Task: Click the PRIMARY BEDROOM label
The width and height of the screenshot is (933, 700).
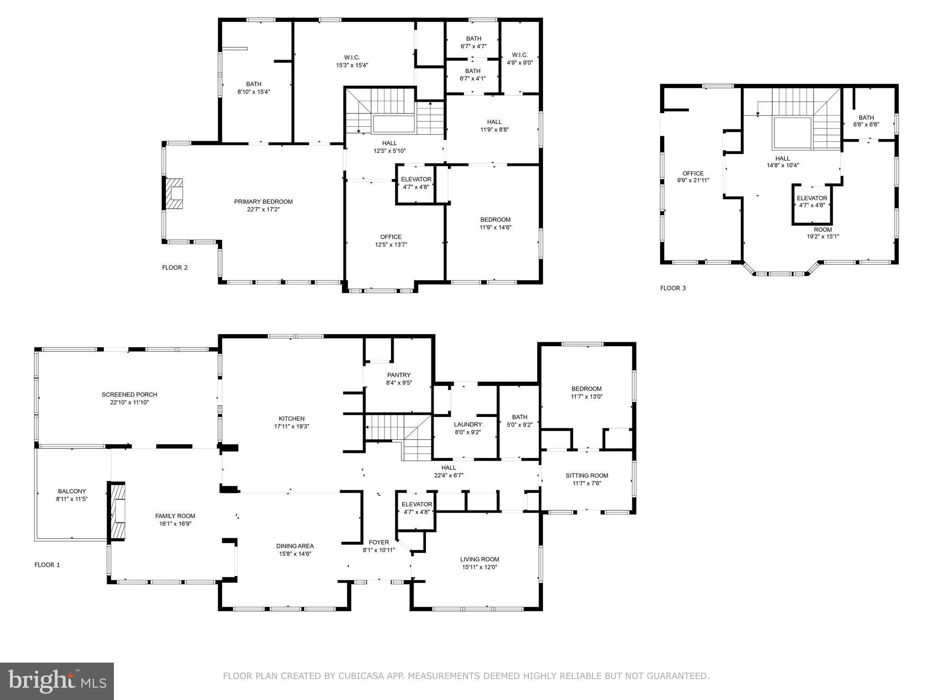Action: tap(263, 201)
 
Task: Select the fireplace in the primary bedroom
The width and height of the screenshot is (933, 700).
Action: tap(174, 194)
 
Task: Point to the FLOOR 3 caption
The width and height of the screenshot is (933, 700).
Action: tap(673, 288)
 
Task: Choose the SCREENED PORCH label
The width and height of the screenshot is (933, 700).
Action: tap(129, 395)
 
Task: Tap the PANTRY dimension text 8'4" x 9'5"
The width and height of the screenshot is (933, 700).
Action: tap(399, 383)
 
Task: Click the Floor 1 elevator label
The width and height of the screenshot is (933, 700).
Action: tap(416, 504)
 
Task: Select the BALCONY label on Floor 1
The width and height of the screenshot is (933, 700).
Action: tap(72, 491)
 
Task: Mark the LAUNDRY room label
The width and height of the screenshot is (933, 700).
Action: tap(467, 424)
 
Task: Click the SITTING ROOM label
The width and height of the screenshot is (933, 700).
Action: tap(587, 475)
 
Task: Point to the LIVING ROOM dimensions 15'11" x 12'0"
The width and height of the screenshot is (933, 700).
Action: tap(479, 567)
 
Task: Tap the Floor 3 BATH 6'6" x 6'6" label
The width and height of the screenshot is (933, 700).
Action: tap(866, 121)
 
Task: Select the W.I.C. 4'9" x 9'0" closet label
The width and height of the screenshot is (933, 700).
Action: tap(520, 59)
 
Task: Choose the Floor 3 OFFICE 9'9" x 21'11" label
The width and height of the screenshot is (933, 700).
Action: tap(693, 177)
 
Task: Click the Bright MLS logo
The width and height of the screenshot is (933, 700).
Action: tap(57, 681)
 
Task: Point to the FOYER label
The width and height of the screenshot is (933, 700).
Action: tap(379, 542)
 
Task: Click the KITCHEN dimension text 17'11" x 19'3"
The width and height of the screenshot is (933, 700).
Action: tap(292, 427)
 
